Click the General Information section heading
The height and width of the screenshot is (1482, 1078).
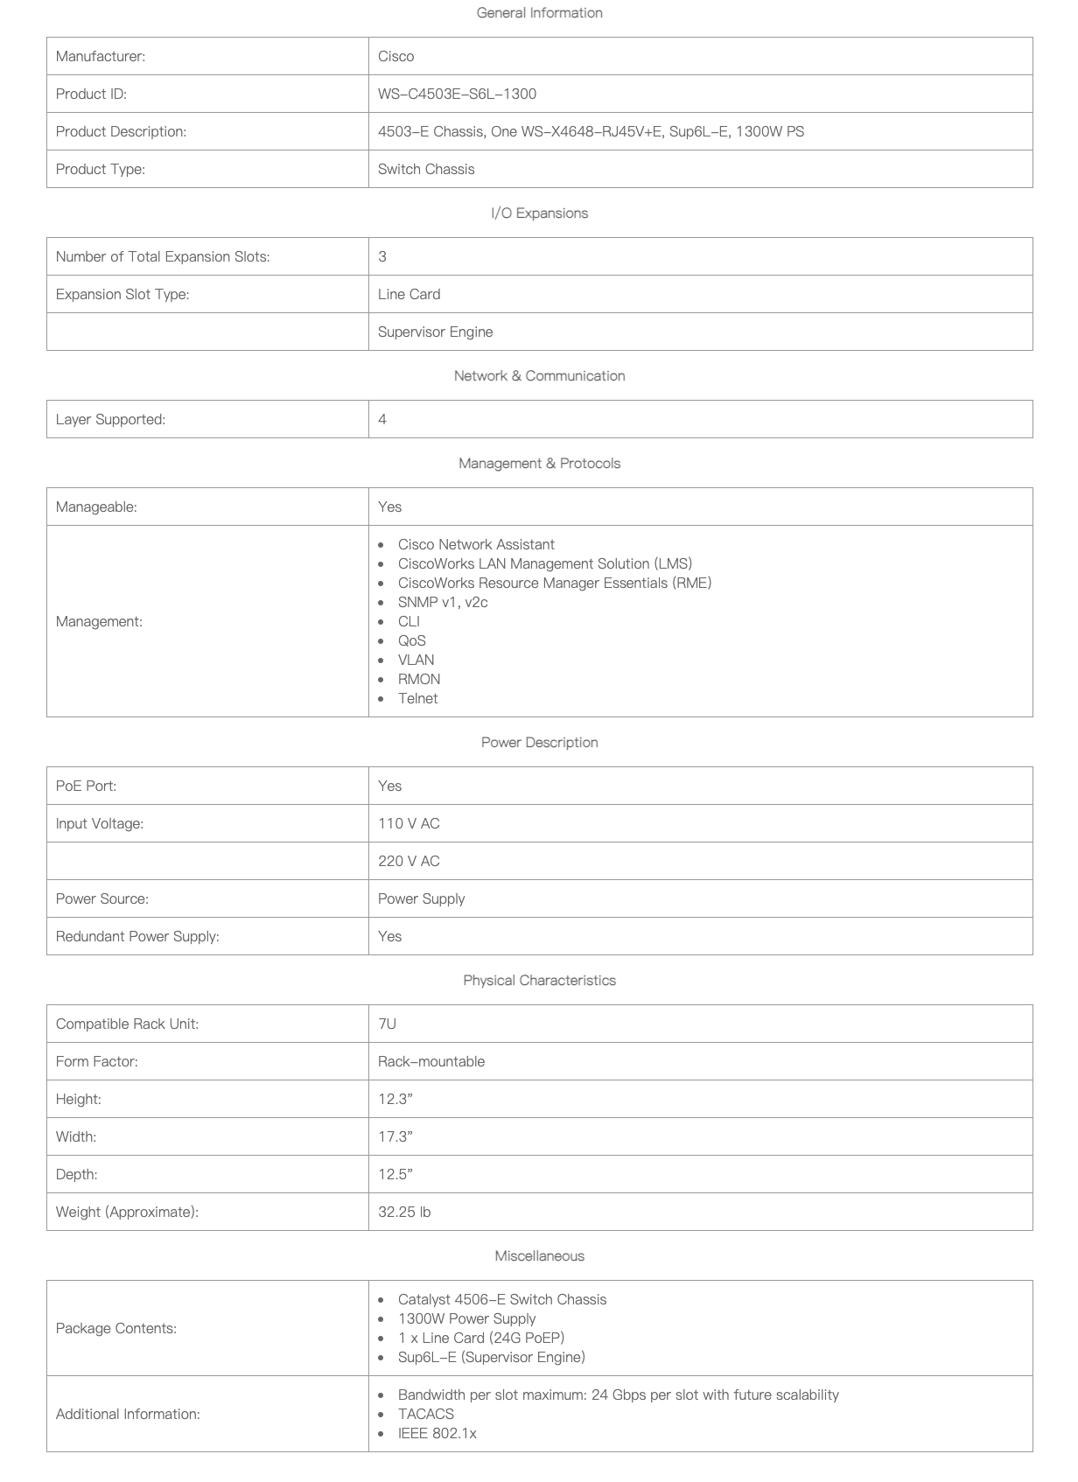539,13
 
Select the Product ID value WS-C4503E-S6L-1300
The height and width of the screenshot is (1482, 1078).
457,94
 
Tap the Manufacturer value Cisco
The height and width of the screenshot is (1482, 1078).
395,56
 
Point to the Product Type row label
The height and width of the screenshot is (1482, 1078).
101,169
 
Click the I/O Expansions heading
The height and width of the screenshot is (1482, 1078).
539,213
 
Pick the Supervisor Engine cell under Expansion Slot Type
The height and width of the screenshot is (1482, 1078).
435,332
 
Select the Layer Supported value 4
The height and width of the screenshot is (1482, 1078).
382,419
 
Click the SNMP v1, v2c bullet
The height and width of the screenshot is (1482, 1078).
443,602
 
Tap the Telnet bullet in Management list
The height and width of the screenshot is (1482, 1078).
417,698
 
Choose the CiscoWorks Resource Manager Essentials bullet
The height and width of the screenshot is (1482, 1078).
554,583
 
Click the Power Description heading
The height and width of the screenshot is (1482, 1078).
539,743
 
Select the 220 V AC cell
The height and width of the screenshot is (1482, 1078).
409,861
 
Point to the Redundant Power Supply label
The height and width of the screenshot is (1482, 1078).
137,936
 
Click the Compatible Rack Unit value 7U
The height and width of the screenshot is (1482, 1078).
387,1024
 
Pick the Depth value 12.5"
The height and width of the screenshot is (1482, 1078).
395,1174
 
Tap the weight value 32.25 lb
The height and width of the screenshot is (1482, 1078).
404,1212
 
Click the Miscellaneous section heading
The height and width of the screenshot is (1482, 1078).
539,1256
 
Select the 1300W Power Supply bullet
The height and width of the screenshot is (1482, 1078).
466,1318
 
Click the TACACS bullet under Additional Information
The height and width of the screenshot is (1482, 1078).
425,1414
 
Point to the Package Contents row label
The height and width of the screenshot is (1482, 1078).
116,1328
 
